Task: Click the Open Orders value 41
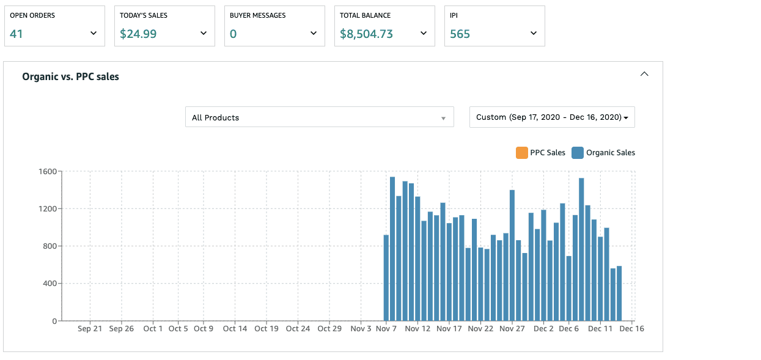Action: tap(17, 34)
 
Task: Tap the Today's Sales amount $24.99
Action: tap(138, 34)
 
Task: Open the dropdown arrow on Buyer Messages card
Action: tap(314, 33)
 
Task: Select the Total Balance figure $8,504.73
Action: tap(366, 34)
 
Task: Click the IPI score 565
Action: tap(460, 34)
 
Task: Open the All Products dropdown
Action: tap(319, 117)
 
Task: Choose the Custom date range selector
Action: tap(552, 117)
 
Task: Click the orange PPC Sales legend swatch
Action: tap(522, 153)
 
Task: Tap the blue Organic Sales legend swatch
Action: tap(578, 153)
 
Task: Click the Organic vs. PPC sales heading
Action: tap(71, 77)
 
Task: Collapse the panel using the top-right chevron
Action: tap(644, 74)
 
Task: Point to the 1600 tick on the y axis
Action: tap(48, 172)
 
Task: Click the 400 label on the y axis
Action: tap(50, 283)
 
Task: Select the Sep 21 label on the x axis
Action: tap(90, 329)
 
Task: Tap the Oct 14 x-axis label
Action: tap(235, 329)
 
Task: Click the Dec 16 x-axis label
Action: tap(632, 329)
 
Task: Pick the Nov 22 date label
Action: tap(480, 329)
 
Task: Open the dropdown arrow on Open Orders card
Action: tap(94, 33)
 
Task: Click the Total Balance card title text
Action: tap(365, 15)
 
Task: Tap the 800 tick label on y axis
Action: tap(50, 246)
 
